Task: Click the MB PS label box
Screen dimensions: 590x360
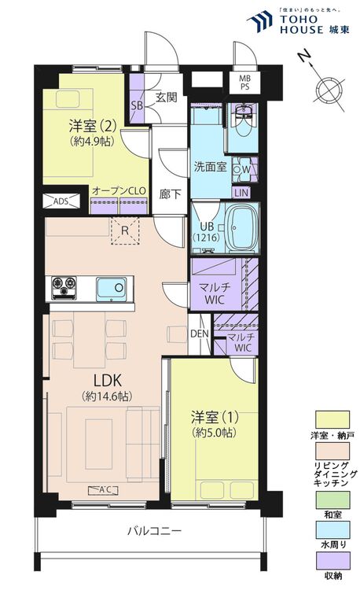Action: pos(245,82)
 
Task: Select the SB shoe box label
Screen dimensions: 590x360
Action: pos(136,105)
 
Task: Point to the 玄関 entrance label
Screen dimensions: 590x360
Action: pos(165,98)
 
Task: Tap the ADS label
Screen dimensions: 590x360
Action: pos(60,201)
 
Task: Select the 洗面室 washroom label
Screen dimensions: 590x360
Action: pos(210,166)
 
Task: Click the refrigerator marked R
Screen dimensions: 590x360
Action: pos(124,230)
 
